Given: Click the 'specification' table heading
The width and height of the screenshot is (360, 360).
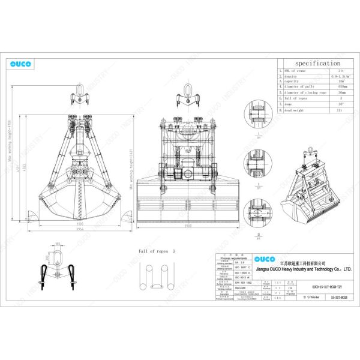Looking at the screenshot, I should point(317,63).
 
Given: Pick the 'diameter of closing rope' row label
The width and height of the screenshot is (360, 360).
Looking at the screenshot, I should point(302,93).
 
